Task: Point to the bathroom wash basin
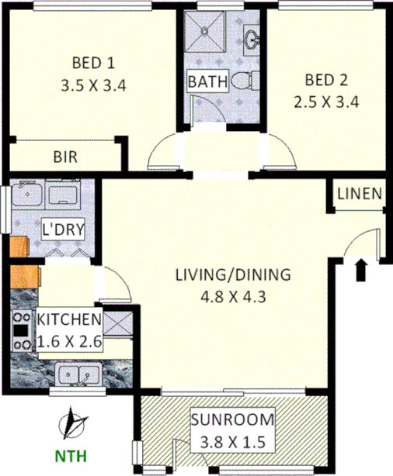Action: [250, 36]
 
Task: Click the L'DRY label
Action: [64, 229]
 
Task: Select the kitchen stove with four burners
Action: [21, 332]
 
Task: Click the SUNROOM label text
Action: [233, 421]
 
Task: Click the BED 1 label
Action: [93, 62]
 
